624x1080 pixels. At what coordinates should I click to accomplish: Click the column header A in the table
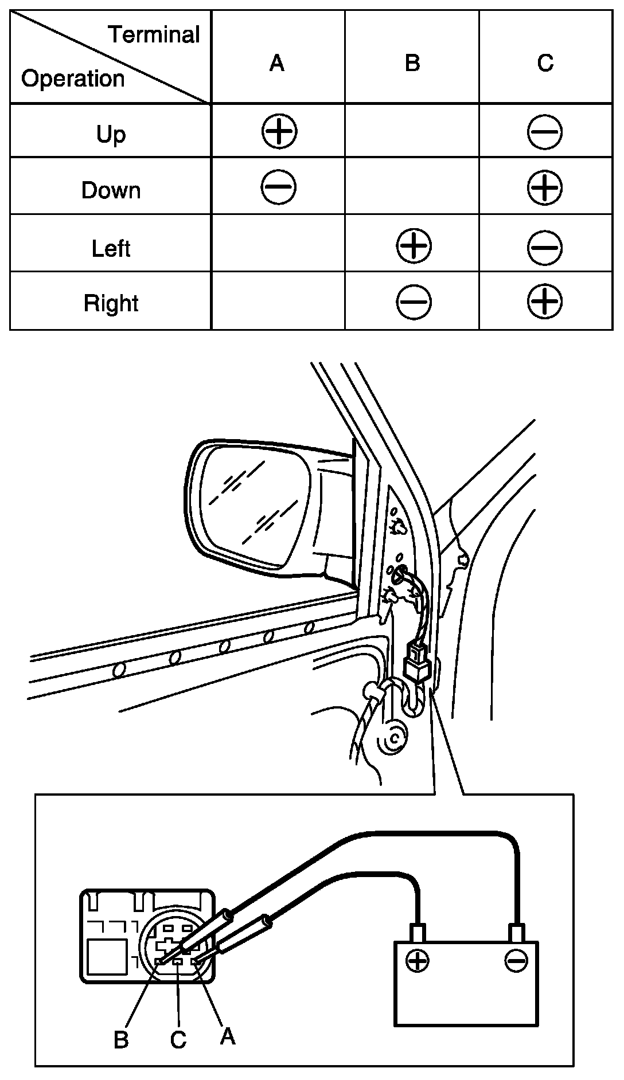tap(277, 63)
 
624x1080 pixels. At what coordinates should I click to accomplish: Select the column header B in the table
tap(412, 63)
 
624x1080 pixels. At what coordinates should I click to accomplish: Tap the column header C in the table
tap(545, 63)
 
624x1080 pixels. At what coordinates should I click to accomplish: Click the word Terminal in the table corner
tap(154, 35)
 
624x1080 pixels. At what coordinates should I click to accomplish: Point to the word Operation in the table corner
tap(73, 79)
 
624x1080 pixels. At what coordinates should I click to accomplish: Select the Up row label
tap(111, 134)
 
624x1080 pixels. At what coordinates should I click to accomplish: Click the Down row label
tap(111, 190)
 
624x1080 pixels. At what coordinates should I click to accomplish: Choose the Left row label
tap(111, 249)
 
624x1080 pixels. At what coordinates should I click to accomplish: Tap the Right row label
tap(111, 303)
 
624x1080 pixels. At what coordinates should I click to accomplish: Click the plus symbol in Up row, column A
tap(279, 131)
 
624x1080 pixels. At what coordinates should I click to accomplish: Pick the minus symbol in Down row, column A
tap(279, 187)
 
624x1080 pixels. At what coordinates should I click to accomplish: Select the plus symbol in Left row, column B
tap(414, 246)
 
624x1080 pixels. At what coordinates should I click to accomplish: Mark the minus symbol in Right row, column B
tap(414, 302)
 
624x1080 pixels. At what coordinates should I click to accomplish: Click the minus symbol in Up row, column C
tap(545, 132)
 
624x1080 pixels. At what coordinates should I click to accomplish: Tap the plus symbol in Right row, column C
tap(545, 302)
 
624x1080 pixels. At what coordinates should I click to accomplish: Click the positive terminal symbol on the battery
tap(417, 961)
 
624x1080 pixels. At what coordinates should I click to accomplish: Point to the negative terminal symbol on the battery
tap(516, 961)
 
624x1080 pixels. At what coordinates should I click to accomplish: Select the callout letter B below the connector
tap(121, 1040)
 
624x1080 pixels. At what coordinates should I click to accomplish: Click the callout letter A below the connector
tap(227, 1036)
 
